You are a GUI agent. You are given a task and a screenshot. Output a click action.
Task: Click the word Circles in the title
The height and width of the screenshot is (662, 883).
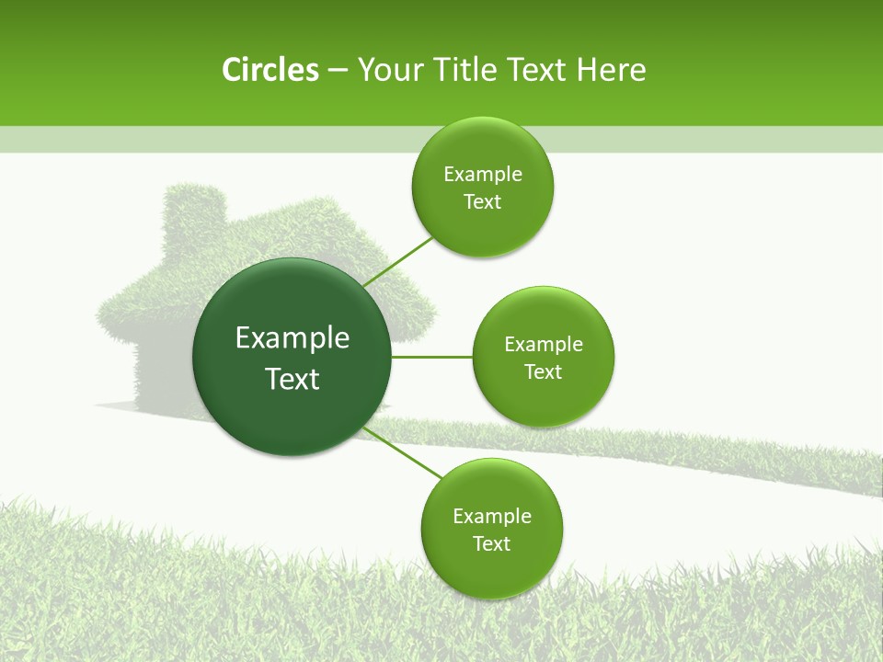[269, 70]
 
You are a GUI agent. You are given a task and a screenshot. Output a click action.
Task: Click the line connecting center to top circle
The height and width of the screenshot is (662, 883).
[397, 261]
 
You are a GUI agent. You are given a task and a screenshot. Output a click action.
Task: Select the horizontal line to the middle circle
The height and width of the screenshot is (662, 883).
[432, 357]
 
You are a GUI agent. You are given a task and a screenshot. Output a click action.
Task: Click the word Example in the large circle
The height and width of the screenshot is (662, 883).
[292, 338]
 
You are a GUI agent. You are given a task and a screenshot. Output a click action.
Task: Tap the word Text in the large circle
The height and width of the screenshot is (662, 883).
[292, 379]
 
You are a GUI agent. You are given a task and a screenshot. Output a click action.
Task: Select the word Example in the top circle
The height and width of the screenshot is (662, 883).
[483, 175]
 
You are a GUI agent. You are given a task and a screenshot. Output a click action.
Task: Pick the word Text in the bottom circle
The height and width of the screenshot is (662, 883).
[491, 543]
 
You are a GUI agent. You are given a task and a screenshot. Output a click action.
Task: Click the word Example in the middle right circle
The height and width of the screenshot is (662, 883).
[544, 345]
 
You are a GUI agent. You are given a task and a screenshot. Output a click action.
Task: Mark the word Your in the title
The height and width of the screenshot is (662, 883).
[387, 70]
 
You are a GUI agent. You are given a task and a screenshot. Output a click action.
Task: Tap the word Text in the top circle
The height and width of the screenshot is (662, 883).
[482, 202]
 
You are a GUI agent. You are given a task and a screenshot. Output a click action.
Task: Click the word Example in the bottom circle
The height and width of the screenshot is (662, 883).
[492, 517]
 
